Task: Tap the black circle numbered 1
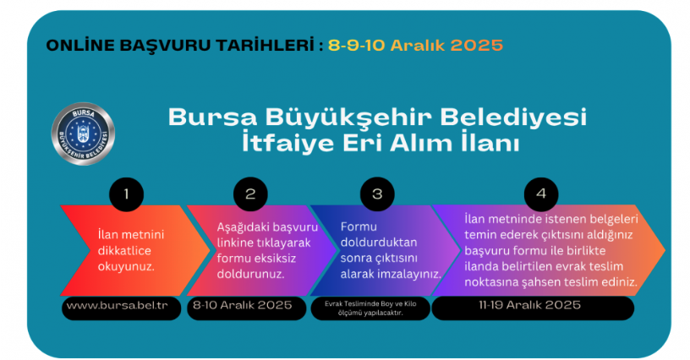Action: click(126, 194)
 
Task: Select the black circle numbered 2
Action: click(250, 194)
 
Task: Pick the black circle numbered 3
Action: click(376, 194)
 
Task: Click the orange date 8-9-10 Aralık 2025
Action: click(415, 44)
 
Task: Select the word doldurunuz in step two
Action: click(249, 275)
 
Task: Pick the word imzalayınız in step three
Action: click(408, 275)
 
